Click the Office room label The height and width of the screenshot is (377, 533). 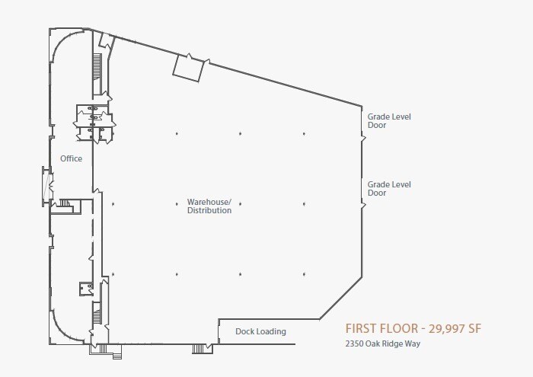pyautogui.click(x=71, y=158)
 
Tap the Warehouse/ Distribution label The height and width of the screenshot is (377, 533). pyautogui.click(x=209, y=206)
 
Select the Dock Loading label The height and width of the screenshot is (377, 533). pyautogui.click(x=260, y=331)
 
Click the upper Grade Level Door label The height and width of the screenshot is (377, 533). pyautogui.click(x=389, y=120)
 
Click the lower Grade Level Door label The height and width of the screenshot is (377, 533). pyautogui.click(x=389, y=189)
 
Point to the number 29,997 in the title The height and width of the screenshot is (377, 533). pyautogui.click(x=443, y=329)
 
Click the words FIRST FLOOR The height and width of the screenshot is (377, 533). pyautogui.click(x=381, y=329)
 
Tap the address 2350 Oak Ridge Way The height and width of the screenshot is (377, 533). pyautogui.click(x=383, y=343)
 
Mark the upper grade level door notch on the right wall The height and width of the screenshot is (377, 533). pyautogui.click(x=362, y=139)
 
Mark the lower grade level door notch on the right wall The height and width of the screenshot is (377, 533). pyautogui.click(x=362, y=206)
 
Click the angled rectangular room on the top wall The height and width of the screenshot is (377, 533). pyautogui.click(x=188, y=68)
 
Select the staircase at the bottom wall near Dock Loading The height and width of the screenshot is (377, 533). pyautogui.click(x=198, y=349)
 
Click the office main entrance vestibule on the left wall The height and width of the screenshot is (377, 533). pyautogui.click(x=47, y=187)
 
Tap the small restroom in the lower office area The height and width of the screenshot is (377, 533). pyautogui.click(x=86, y=289)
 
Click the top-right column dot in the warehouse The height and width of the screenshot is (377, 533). pyautogui.click(x=304, y=133)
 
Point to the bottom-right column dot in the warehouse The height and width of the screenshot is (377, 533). pyautogui.click(x=304, y=274)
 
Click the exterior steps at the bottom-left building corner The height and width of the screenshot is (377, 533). pyautogui.click(x=105, y=351)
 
